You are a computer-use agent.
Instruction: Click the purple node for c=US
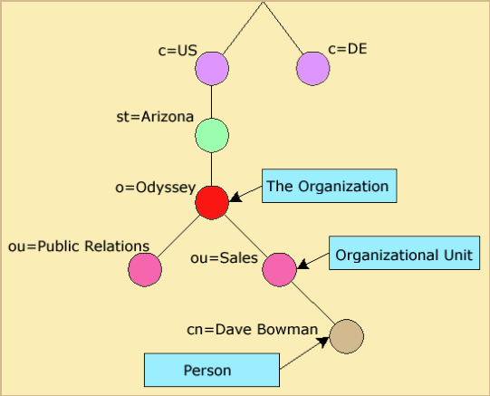pos(212,69)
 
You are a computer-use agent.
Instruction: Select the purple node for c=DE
pos(312,69)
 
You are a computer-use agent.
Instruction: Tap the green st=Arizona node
pos(212,135)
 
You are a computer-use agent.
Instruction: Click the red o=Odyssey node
pos(212,203)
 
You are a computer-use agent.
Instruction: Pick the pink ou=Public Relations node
pos(145,269)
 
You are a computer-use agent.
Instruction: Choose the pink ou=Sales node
pos(279,269)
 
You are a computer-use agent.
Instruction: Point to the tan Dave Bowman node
pos(347,336)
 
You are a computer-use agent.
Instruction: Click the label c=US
pos(178,51)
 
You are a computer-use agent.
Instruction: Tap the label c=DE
pos(348,49)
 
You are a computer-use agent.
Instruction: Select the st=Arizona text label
pos(155,117)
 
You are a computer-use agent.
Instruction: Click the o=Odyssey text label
pos(156,188)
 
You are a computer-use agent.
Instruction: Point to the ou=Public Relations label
pos(79,246)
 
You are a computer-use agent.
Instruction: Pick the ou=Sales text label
pos(225,258)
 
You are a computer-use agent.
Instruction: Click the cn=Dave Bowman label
pos(253,330)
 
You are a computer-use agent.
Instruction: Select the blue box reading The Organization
pos(330,186)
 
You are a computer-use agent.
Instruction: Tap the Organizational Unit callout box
pos(404,253)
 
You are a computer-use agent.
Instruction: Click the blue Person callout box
pos(212,370)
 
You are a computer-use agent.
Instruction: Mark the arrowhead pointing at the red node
pos(235,198)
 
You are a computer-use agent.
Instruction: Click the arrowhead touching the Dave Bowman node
pos(323,341)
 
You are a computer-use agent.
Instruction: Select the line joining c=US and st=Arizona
pos(212,101)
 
